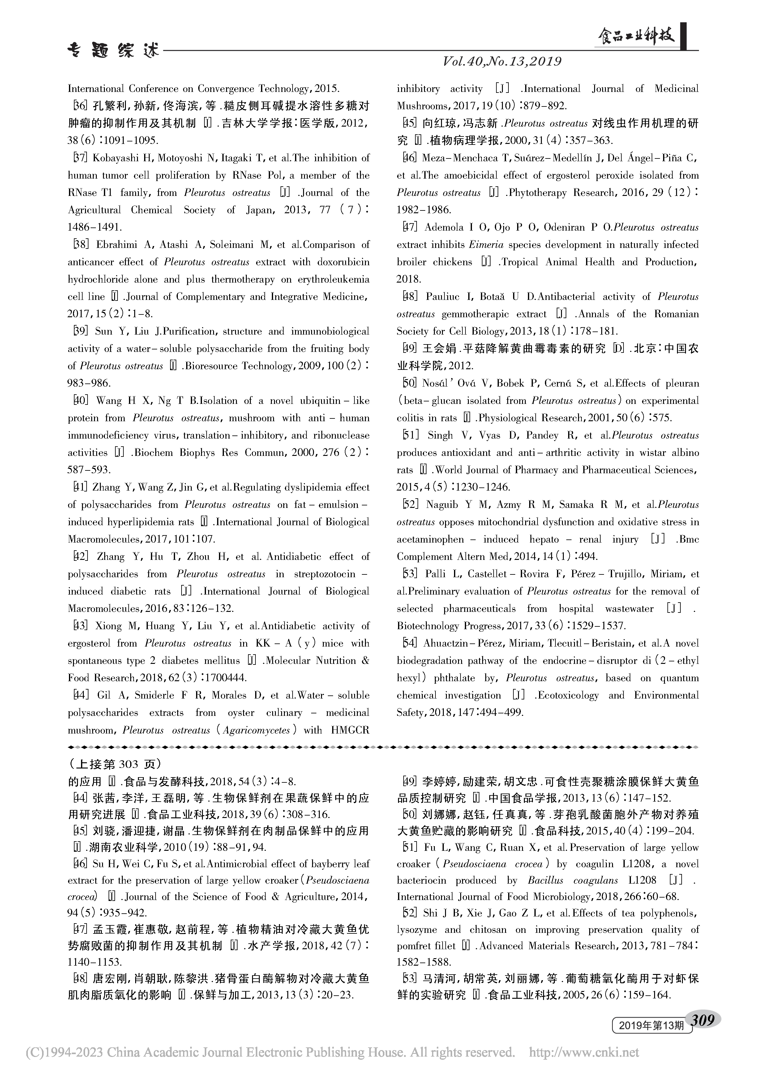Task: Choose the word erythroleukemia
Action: point(333,279)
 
